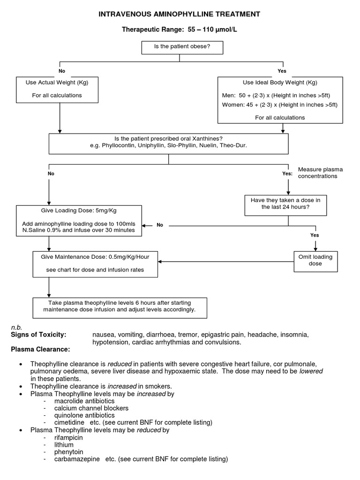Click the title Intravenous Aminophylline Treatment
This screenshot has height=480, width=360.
[x=179, y=15]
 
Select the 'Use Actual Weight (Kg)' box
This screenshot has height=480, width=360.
[x=57, y=89]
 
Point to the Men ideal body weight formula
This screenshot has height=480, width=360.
[x=279, y=95]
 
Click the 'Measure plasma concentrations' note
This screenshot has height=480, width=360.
[x=317, y=172]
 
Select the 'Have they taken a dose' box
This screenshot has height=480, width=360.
[x=285, y=203]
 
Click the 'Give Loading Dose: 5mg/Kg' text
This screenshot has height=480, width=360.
[x=78, y=211]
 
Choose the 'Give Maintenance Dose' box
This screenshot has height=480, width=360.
[x=95, y=263]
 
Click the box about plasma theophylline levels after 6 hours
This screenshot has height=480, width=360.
[x=119, y=306]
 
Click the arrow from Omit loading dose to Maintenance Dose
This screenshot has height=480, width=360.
[x=225, y=261]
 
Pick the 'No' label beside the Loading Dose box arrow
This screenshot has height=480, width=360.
[x=160, y=225]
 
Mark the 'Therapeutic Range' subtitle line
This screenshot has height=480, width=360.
[x=179, y=30]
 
